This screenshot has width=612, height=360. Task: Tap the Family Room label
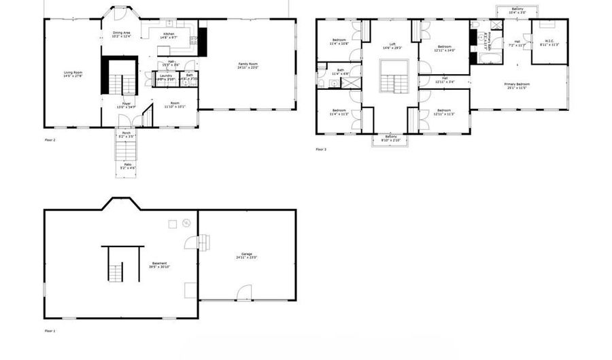coord(248,66)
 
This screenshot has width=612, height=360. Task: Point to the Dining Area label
coord(122,34)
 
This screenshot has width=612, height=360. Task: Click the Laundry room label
coord(166,77)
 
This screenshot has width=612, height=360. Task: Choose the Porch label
coord(126,135)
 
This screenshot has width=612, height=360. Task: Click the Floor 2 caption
coord(50,140)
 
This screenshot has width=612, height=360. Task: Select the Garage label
coord(246,256)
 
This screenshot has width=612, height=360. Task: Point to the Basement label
coord(160,265)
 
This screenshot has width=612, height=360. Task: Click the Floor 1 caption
coord(50,331)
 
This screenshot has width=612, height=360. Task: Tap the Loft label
coord(392,46)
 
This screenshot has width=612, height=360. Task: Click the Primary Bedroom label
coord(517,85)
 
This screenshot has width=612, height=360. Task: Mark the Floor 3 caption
coord(321,149)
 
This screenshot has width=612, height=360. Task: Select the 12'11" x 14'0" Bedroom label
coord(444,48)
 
